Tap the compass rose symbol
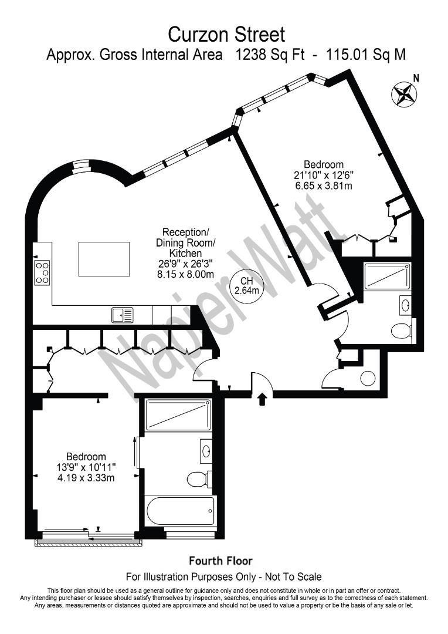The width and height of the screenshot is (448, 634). [x=403, y=94]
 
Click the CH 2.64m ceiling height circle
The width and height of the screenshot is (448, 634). [x=246, y=285]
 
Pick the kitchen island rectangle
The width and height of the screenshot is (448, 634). [x=104, y=259]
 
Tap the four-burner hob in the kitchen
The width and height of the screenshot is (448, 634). [x=42, y=272]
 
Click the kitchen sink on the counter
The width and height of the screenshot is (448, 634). [x=123, y=315]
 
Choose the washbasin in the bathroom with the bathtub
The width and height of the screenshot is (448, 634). [x=206, y=451]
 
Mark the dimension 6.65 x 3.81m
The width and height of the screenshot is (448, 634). [x=323, y=186]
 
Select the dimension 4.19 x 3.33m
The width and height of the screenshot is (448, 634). [x=86, y=477]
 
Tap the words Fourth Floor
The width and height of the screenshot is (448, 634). [x=220, y=561]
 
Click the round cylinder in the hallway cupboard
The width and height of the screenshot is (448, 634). [x=368, y=379]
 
